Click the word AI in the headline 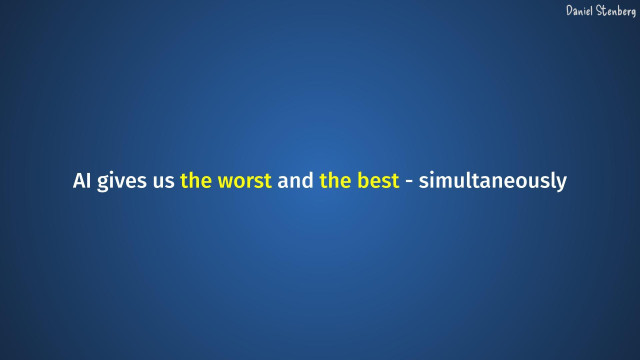click(82, 183)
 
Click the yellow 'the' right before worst click(196, 183)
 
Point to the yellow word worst click(245, 183)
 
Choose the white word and click(296, 183)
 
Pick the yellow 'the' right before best click(336, 183)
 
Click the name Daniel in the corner click(580, 10)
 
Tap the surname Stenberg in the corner click(616, 10)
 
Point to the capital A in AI click(79, 183)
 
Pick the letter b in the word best click(363, 183)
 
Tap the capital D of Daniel click(569, 10)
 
